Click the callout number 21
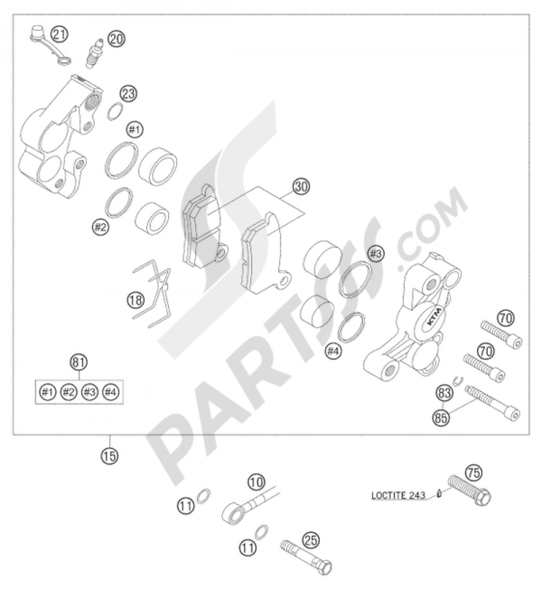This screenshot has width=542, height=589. pyautogui.click(x=59, y=35)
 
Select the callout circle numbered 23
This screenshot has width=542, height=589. pyautogui.click(x=129, y=93)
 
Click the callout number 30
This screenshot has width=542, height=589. pyautogui.click(x=301, y=187)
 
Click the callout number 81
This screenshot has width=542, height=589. pyautogui.click(x=79, y=362)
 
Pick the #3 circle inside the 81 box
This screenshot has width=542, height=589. pyautogui.click(x=89, y=392)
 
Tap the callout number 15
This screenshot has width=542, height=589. pyautogui.click(x=109, y=456)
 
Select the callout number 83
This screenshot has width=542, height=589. pyautogui.click(x=444, y=394)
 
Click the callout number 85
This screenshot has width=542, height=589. pyautogui.click(x=442, y=417)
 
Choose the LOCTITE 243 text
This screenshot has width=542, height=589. pyautogui.click(x=398, y=495)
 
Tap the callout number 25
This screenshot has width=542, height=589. pyautogui.click(x=311, y=541)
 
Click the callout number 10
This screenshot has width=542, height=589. pyautogui.click(x=257, y=482)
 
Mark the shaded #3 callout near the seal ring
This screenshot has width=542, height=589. pyautogui.click(x=376, y=254)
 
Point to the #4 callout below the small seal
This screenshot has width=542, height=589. pyautogui.click(x=333, y=351)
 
